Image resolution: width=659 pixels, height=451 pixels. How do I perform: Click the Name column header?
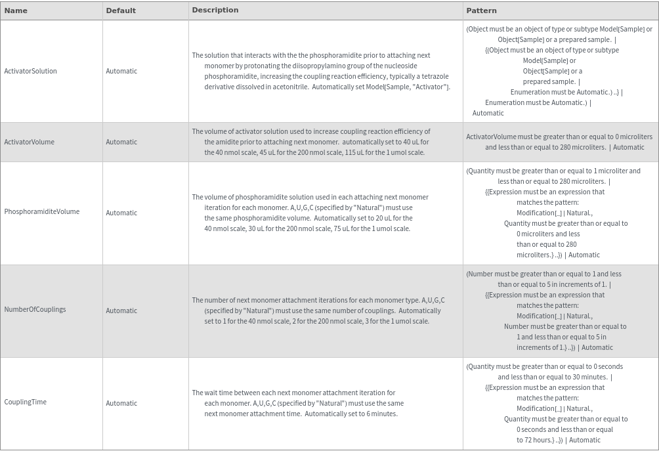[16, 11]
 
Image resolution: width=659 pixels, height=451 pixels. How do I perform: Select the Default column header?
[121, 11]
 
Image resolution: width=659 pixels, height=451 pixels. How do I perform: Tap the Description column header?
[215, 10]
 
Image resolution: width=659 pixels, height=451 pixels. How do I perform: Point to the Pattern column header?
[481, 11]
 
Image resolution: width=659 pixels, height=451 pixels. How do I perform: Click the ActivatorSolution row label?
[30, 71]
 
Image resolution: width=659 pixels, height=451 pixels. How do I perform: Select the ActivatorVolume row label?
[30, 142]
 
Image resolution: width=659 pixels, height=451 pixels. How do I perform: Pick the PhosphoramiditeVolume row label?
[42, 211]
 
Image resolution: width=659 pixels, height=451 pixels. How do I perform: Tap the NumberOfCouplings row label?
[35, 309]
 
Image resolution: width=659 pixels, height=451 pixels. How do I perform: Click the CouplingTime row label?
[25, 402]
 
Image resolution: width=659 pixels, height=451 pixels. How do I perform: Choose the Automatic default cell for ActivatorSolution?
[121, 71]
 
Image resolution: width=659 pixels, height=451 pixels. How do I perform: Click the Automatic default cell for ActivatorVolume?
[121, 142]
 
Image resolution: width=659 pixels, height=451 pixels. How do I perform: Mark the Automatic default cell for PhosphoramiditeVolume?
[121, 213]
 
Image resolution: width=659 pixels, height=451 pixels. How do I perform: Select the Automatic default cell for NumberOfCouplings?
[121, 311]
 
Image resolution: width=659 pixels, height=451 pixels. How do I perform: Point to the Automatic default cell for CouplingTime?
[121, 403]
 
